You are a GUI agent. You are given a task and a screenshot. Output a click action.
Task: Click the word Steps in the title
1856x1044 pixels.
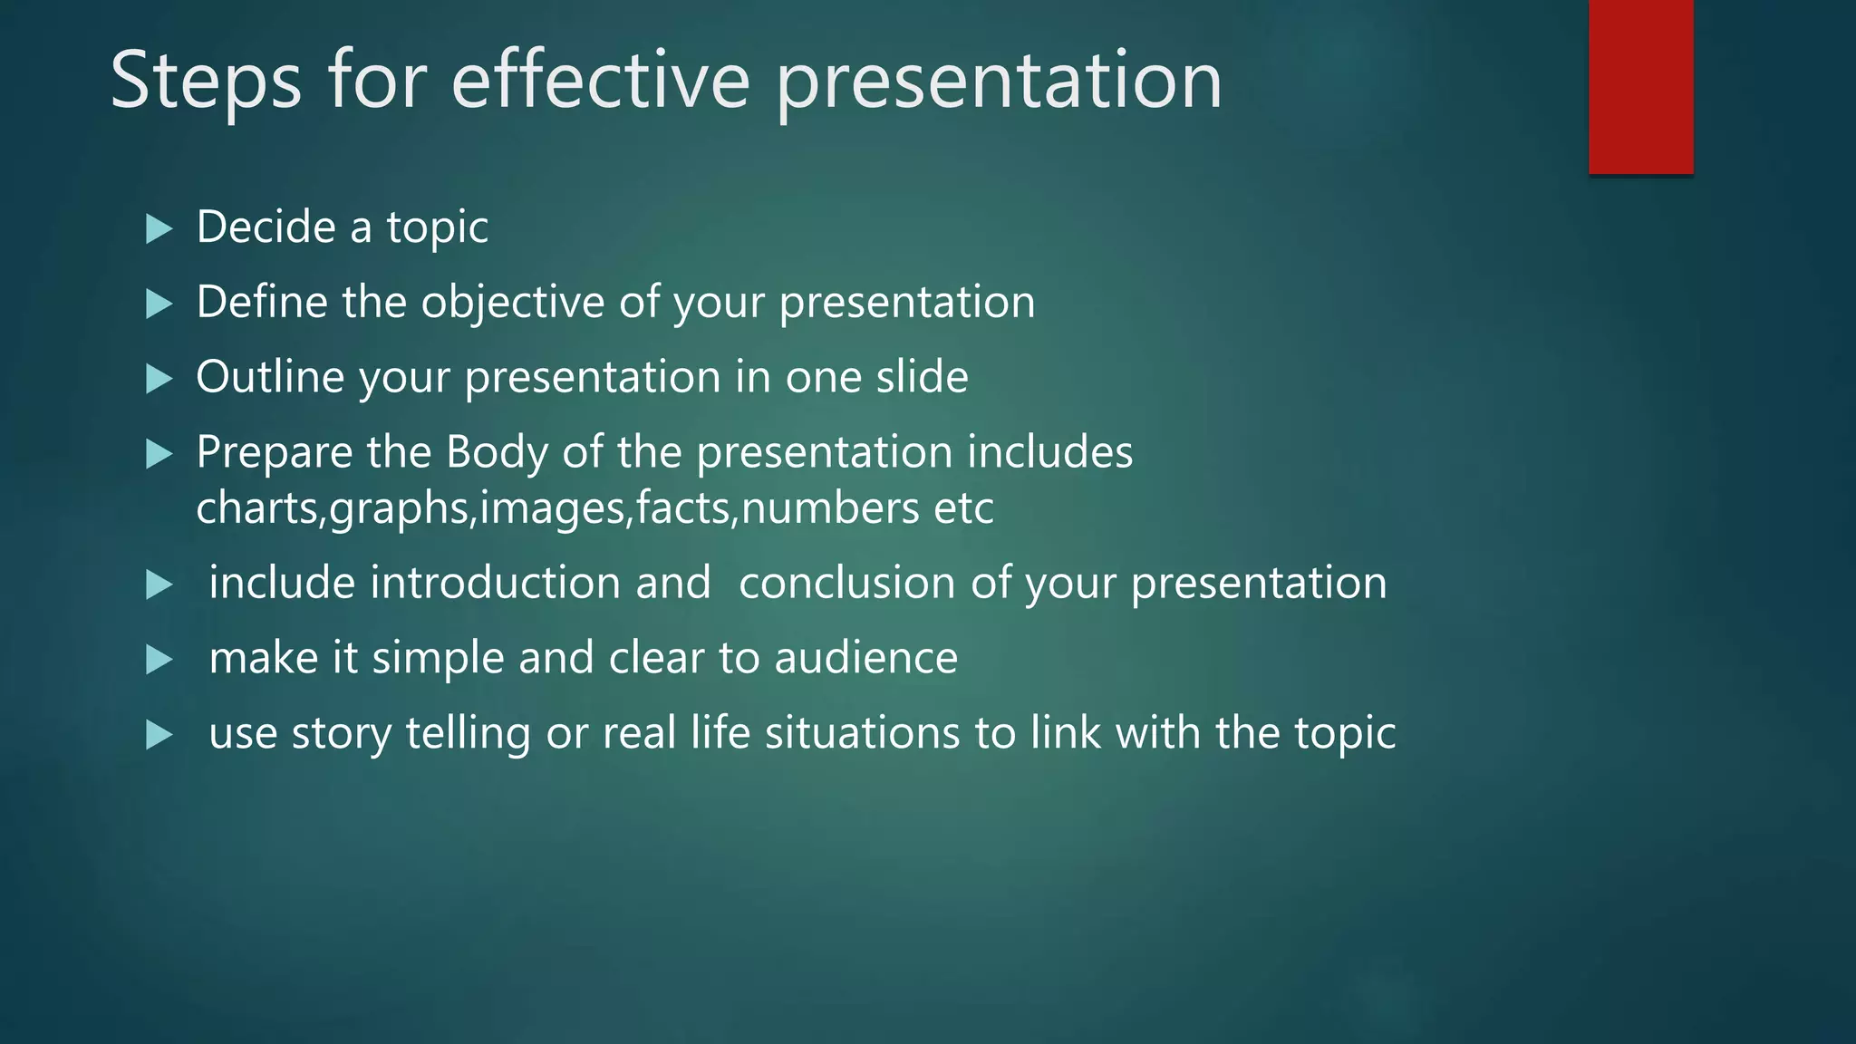[x=205, y=82]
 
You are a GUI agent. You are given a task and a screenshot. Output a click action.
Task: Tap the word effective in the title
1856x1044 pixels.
[x=600, y=82]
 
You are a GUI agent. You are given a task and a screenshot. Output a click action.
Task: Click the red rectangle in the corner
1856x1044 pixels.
[x=1640, y=87]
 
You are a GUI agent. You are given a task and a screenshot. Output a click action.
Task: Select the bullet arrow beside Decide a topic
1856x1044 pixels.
[x=159, y=228]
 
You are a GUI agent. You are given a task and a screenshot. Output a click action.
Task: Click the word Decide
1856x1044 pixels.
[x=266, y=227]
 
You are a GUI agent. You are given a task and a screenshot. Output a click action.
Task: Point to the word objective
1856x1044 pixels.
[x=512, y=302]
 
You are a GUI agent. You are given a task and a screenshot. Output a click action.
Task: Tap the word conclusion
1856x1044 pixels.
[x=847, y=583]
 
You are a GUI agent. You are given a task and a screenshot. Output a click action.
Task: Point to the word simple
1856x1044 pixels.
[x=438, y=659]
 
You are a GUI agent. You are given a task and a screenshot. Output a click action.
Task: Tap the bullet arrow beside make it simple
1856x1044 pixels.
[x=159, y=660]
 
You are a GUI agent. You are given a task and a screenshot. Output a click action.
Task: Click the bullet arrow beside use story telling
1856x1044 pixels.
[x=159, y=735]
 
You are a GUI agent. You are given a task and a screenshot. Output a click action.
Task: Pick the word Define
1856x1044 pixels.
[x=262, y=302]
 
